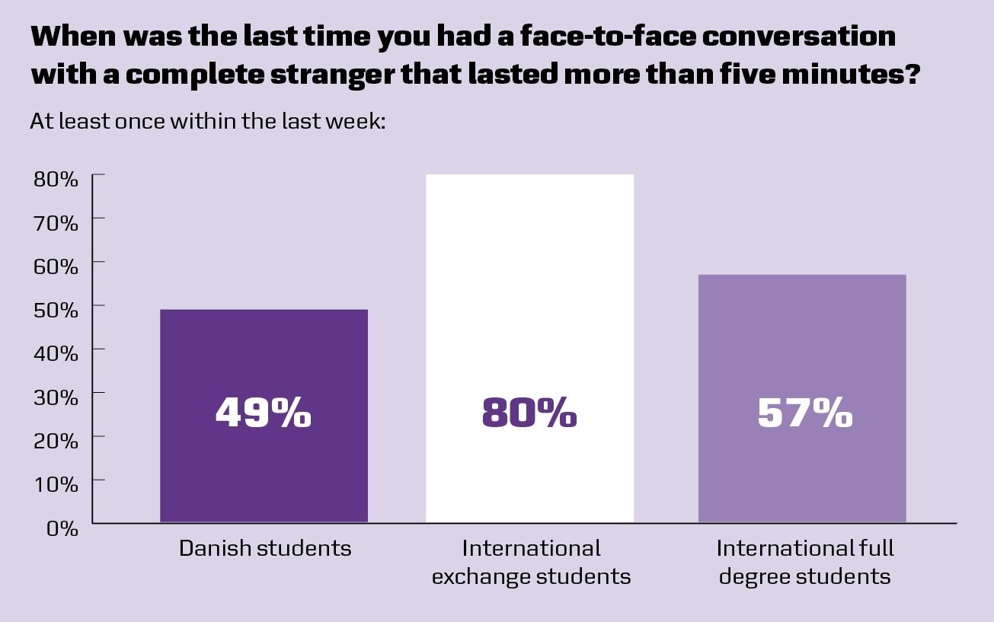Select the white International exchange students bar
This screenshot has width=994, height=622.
(529, 305)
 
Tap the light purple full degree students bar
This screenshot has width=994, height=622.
(802, 343)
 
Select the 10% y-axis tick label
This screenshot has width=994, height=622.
(56, 483)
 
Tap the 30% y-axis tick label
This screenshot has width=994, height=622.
(56, 397)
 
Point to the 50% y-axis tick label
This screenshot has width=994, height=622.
(56, 310)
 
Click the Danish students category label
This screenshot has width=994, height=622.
(265, 548)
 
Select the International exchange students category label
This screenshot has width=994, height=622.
(531, 562)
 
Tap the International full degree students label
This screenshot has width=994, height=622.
(805, 562)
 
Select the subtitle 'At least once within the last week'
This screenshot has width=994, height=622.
(208, 121)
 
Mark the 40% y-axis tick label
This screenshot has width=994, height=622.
(56, 353)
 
